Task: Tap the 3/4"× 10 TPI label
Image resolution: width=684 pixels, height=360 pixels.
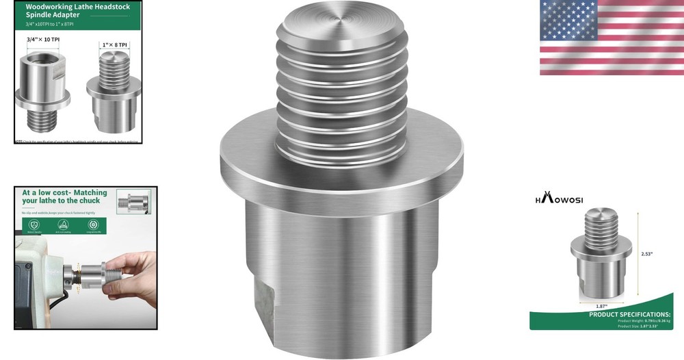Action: pos(43,40)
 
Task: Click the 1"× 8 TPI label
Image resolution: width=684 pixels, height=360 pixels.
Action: pos(115,45)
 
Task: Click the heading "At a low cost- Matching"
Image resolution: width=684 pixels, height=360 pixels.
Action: pos(64,193)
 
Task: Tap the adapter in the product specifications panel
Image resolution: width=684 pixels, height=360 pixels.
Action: pos(600,257)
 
